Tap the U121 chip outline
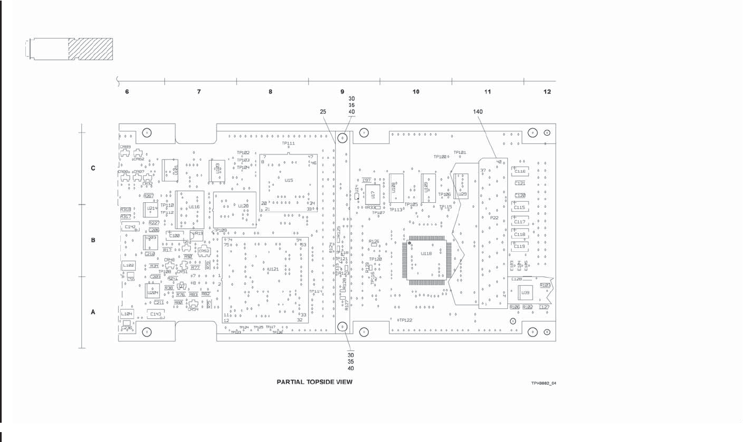tap(265, 280)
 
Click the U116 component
tap(190, 209)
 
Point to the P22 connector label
tap(494, 218)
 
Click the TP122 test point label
tap(406, 320)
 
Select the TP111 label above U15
tap(289, 143)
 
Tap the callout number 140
tap(478, 111)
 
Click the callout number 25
tap(323, 112)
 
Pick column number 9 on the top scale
tap(342, 92)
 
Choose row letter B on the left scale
tap(93, 240)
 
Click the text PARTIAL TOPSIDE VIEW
tap(314, 382)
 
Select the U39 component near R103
tap(526, 294)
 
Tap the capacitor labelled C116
tap(520, 172)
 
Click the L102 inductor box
tap(128, 265)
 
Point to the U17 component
tap(373, 195)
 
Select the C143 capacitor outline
tap(156, 314)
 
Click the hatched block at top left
tap(90, 49)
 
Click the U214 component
tap(152, 209)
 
